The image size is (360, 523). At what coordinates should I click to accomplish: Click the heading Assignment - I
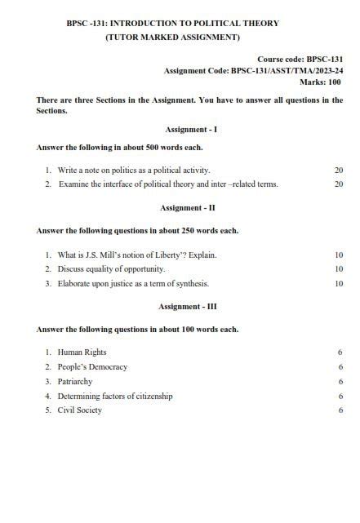click(190, 130)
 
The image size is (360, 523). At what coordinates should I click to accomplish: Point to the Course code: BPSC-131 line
click(300, 60)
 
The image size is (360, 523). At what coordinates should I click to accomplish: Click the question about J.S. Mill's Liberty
click(137, 255)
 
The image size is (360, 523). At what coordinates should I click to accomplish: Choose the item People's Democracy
click(92, 366)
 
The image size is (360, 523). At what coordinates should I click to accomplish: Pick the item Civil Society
click(79, 410)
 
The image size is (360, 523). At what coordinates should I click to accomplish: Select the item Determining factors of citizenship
click(115, 396)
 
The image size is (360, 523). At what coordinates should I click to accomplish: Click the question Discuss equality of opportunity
click(111, 268)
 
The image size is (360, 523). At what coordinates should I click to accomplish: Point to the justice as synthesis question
click(133, 283)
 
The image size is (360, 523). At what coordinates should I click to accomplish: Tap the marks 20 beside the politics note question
click(338, 170)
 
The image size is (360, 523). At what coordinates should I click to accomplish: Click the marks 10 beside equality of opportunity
click(338, 268)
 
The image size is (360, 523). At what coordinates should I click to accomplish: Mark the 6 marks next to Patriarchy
click(340, 381)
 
